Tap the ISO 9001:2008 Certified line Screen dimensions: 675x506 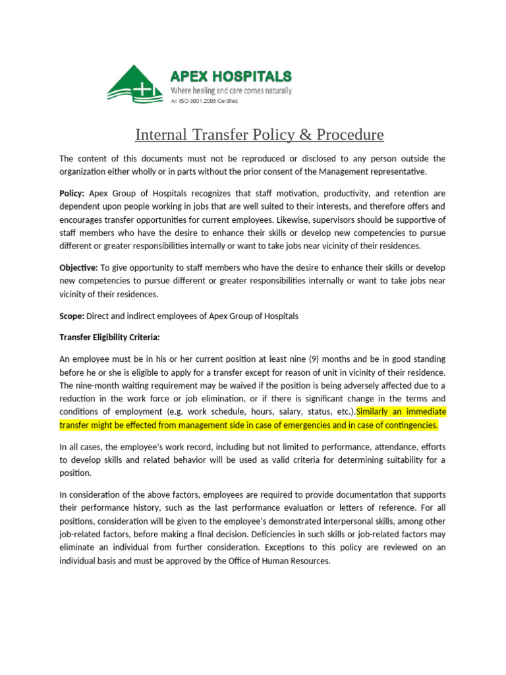click(x=204, y=101)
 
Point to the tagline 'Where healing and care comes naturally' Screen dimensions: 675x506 click(x=231, y=90)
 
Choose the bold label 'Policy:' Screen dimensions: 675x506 click(x=72, y=194)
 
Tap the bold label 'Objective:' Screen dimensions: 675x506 click(x=78, y=268)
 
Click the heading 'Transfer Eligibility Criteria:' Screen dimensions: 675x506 click(x=109, y=337)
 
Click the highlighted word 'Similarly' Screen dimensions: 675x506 click(x=376, y=412)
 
